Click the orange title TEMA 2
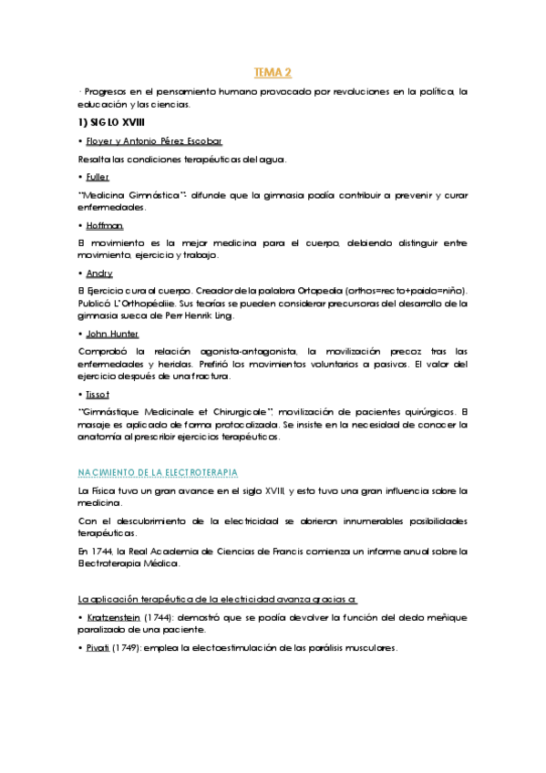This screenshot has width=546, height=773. click(x=272, y=72)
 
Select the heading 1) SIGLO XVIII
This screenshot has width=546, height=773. click(x=110, y=122)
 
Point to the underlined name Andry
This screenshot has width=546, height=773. click(x=99, y=272)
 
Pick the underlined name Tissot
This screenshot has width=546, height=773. click(x=98, y=394)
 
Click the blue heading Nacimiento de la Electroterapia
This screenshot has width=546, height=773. click(x=159, y=471)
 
